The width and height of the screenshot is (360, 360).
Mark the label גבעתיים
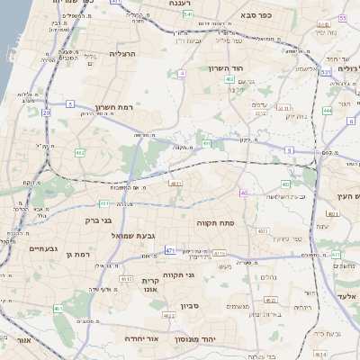[x=43, y=248]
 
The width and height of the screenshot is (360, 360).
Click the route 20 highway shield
[x=46, y=112]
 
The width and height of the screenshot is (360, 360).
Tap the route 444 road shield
[x=327, y=110]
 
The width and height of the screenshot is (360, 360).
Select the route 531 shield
[x=325, y=70]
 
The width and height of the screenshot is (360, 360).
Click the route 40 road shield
[x=243, y=193]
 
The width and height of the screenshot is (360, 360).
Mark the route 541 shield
[x=187, y=15]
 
